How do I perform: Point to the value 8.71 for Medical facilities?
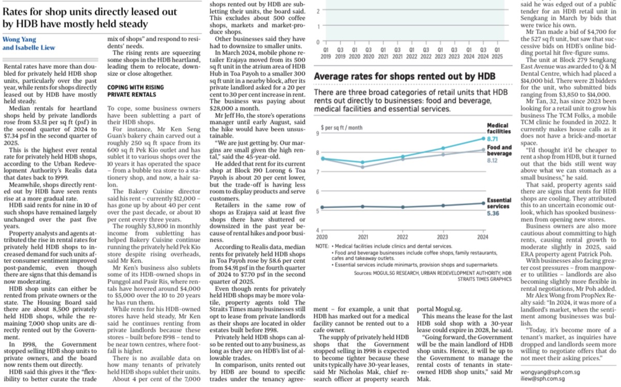[492, 139]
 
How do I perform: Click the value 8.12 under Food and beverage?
[492, 161]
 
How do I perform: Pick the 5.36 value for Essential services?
[492, 213]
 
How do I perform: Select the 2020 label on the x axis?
[322, 237]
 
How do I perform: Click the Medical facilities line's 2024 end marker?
[482, 138]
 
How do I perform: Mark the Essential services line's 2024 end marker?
[482, 203]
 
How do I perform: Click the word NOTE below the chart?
[321, 246]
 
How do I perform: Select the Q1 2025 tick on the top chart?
[497, 53]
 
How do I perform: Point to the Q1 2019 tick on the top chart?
[326, 53]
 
